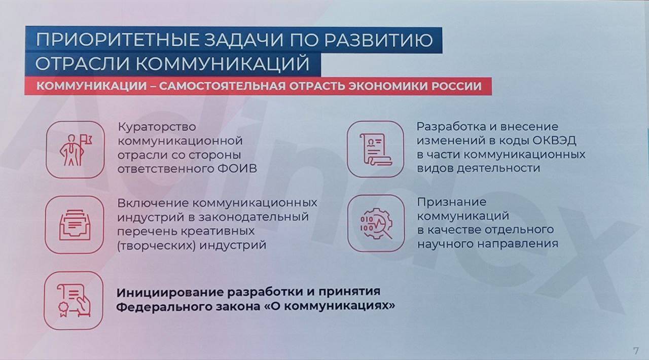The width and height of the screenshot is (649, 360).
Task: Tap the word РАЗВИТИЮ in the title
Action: pyautogui.click(x=379, y=40)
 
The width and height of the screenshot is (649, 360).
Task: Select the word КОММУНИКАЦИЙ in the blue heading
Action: pyautogui.click(x=223, y=64)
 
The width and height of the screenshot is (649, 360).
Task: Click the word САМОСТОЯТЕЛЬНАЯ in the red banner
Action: pyautogui.click(x=222, y=86)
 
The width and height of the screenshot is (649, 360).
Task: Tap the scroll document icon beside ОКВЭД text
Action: pyautogui.click(x=376, y=149)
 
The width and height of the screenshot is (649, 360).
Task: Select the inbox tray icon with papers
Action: pyautogui.click(x=75, y=225)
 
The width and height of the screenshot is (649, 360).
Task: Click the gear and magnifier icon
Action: pyautogui.click(x=376, y=223)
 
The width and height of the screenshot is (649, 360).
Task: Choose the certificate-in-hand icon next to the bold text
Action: pyautogui.click(x=74, y=300)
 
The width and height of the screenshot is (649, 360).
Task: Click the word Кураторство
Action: pyautogui.click(x=157, y=127)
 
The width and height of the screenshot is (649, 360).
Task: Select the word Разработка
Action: pyautogui.click(x=452, y=127)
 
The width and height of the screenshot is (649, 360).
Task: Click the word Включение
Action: pyautogui.click(x=153, y=203)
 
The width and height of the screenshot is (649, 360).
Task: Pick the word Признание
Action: pyautogui.click(x=451, y=202)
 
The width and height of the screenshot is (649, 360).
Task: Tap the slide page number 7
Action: pyautogui.click(x=636, y=351)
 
